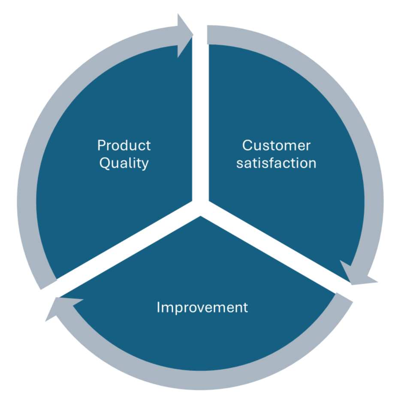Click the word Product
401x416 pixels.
(x=124, y=146)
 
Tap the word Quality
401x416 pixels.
(x=124, y=163)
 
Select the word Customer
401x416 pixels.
(x=276, y=146)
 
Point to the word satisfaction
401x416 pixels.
(x=276, y=163)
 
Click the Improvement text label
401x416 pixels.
(x=202, y=307)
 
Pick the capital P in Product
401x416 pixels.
(x=101, y=146)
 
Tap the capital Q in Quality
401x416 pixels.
(x=104, y=163)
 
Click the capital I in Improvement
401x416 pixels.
(x=158, y=307)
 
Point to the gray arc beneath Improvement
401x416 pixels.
(x=202, y=380)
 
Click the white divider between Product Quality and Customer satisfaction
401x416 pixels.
(x=200, y=116)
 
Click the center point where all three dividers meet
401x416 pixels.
(x=200, y=206)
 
